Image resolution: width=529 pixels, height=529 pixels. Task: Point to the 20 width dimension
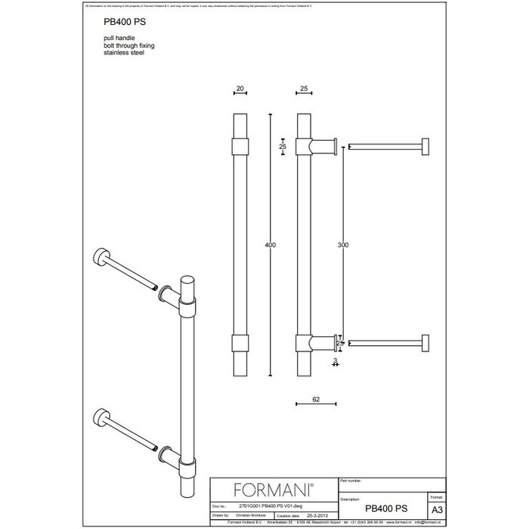pyautogui.click(x=240, y=89)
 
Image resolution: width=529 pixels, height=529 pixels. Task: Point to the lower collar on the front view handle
pyautogui.click(x=240, y=344)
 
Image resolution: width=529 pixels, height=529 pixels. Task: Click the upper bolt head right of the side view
pyautogui.click(x=428, y=146)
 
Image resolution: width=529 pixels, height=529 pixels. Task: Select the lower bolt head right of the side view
pyautogui.click(x=428, y=344)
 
